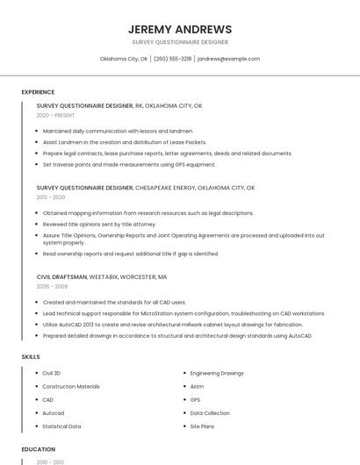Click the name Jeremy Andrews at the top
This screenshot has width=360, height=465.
(180, 29)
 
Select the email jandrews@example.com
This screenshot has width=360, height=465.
(228, 59)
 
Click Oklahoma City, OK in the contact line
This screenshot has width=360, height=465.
(124, 59)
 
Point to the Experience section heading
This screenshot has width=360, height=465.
(38, 92)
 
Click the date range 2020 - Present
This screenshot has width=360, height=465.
(56, 115)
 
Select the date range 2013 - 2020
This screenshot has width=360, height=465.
(51, 197)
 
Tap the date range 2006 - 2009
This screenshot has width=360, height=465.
(52, 286)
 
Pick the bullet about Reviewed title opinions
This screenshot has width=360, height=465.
(98, 224)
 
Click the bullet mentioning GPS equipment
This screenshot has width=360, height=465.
(128, 164)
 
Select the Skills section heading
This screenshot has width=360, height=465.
(31, 357)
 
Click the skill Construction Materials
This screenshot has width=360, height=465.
(71, 386)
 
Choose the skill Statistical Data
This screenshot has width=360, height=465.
(61, 426)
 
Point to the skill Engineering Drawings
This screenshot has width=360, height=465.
(217, 373)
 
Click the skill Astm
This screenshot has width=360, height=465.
(197, 386)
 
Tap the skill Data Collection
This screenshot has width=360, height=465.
(210, 412)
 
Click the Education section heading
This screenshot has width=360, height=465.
(38, 449)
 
